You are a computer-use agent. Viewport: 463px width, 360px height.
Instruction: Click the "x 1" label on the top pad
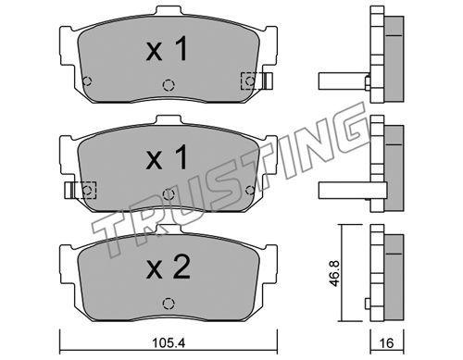pyautogui.click(x=167, y=49)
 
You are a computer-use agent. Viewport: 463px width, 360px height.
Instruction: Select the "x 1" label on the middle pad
pyautogui.click(x=167, y=157)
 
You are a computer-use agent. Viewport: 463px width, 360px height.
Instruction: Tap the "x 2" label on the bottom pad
pyautogui.click(x=169, y=267)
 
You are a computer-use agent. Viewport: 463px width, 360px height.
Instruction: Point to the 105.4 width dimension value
pyautogui.click(x=169, y=343)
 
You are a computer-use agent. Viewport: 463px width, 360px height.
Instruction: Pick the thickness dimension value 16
pyautogui.click(x=386, y=343)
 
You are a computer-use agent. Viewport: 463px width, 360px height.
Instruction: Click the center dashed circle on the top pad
pyautogui.click(x=169, y=85)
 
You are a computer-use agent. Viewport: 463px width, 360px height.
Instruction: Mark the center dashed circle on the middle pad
pyautogui.click(x=169, y=193)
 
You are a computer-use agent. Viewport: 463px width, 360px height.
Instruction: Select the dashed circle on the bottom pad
pyautogui.click(x=169, y=303)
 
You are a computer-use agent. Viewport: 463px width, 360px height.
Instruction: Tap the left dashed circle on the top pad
pyautogui.click(x=87, y=81)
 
